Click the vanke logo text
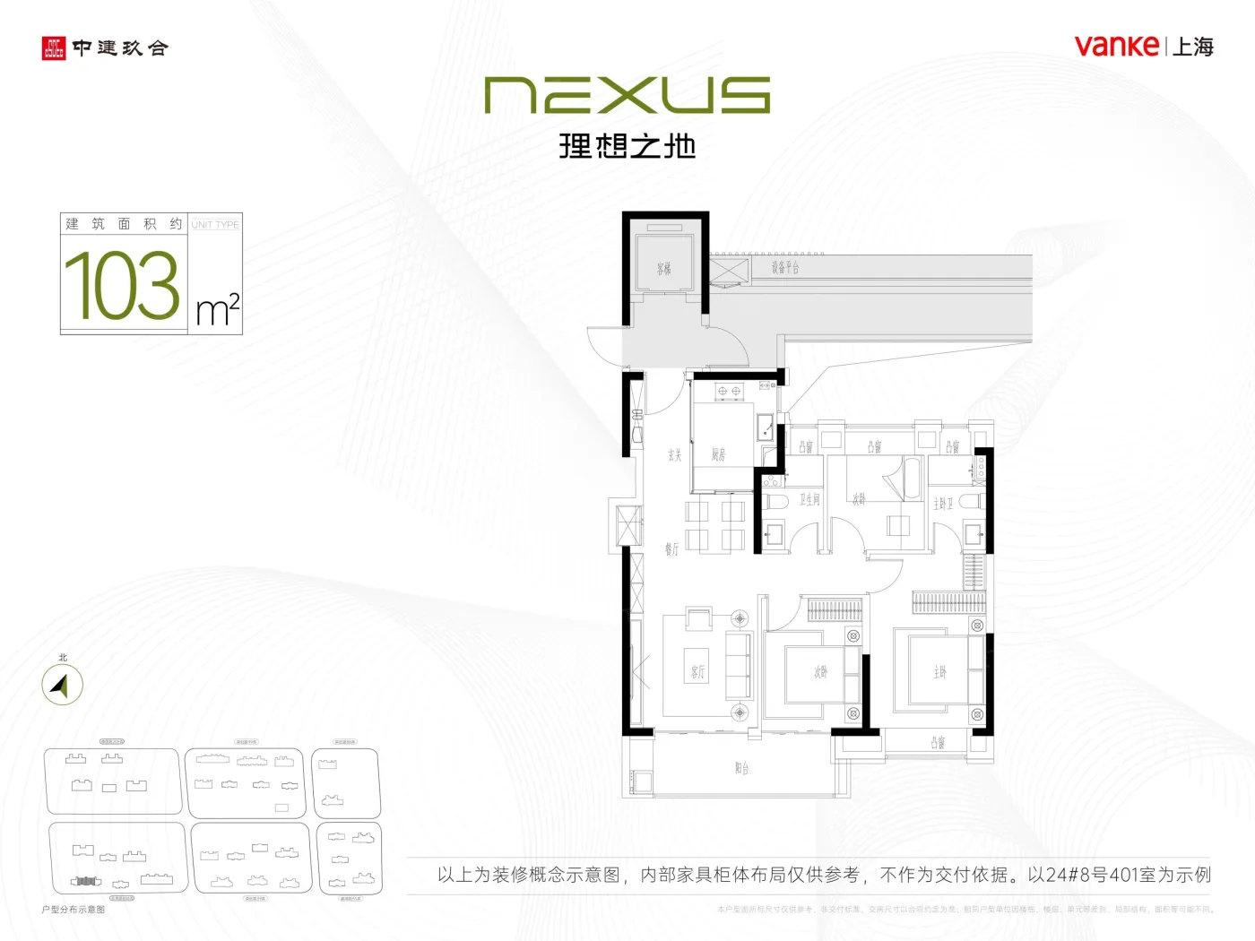point(1116,46)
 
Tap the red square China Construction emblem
point(54,48)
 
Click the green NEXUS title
point(627,95)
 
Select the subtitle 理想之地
point(627,146)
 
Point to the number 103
point(122,285)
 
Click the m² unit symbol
point(218,310)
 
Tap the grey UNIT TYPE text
point(215,225)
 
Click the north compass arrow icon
point(61,686)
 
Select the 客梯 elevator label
point(663,268)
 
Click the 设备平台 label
point(785,267)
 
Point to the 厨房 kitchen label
point(718,455)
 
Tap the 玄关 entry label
point(674,455)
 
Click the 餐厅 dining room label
point(671,548)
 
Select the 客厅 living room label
point(697,672)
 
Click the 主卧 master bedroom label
point(939,672)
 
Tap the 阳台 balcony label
point(741,769)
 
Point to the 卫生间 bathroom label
point(809,499)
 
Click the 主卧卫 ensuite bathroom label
point(943,504)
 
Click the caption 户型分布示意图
point(74,910)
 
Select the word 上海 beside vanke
point(1193,47)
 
